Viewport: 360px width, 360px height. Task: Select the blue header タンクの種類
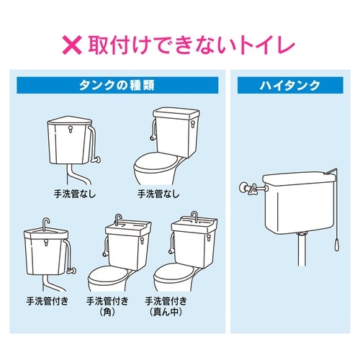point(117,84)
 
